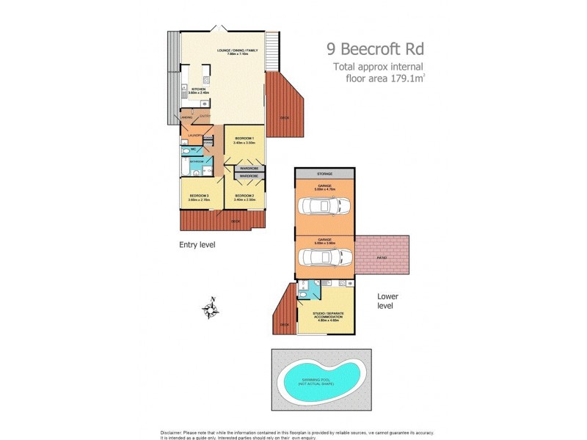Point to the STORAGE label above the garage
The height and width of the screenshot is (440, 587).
324,174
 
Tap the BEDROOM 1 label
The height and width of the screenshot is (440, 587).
244,138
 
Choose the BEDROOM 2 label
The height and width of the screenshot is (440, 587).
244,196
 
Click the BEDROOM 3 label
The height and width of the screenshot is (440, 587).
200,196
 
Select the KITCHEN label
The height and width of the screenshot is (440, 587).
199,89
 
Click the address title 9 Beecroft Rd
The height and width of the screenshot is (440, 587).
375,50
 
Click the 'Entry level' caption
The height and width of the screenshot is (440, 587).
197,244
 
